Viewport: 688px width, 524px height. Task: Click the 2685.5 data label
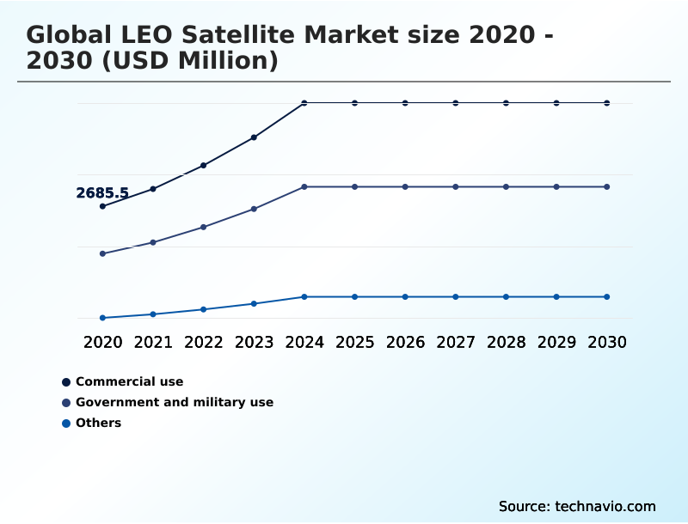coord(101,193)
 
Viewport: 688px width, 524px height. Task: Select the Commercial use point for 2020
coord(102,206)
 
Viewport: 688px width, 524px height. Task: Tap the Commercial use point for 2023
coord(254,137)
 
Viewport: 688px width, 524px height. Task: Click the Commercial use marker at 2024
coord(304,103)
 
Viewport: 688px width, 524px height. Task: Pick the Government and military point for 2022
coord(204,227)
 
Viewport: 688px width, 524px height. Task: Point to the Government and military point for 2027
coord(456,186)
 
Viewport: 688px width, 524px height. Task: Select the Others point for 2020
coord(102,318)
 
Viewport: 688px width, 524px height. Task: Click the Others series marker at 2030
coord(607,296)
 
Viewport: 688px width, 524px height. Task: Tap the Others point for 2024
coord(304,296)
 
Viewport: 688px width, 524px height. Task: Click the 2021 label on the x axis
coord(153,342)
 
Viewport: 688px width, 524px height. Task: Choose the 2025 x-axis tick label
coord(354,342)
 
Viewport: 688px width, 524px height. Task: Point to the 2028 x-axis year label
coord(506,342)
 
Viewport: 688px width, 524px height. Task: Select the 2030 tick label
coord(607,342)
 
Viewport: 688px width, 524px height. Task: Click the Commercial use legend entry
coord(129,381)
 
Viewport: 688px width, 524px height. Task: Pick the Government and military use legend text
coord(174,402)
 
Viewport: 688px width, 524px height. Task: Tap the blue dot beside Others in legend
coord(65,423)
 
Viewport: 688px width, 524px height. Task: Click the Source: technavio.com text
coord(577,506)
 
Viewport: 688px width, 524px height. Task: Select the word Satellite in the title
coord(224,35)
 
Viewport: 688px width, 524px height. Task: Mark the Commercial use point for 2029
coord(556,103)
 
